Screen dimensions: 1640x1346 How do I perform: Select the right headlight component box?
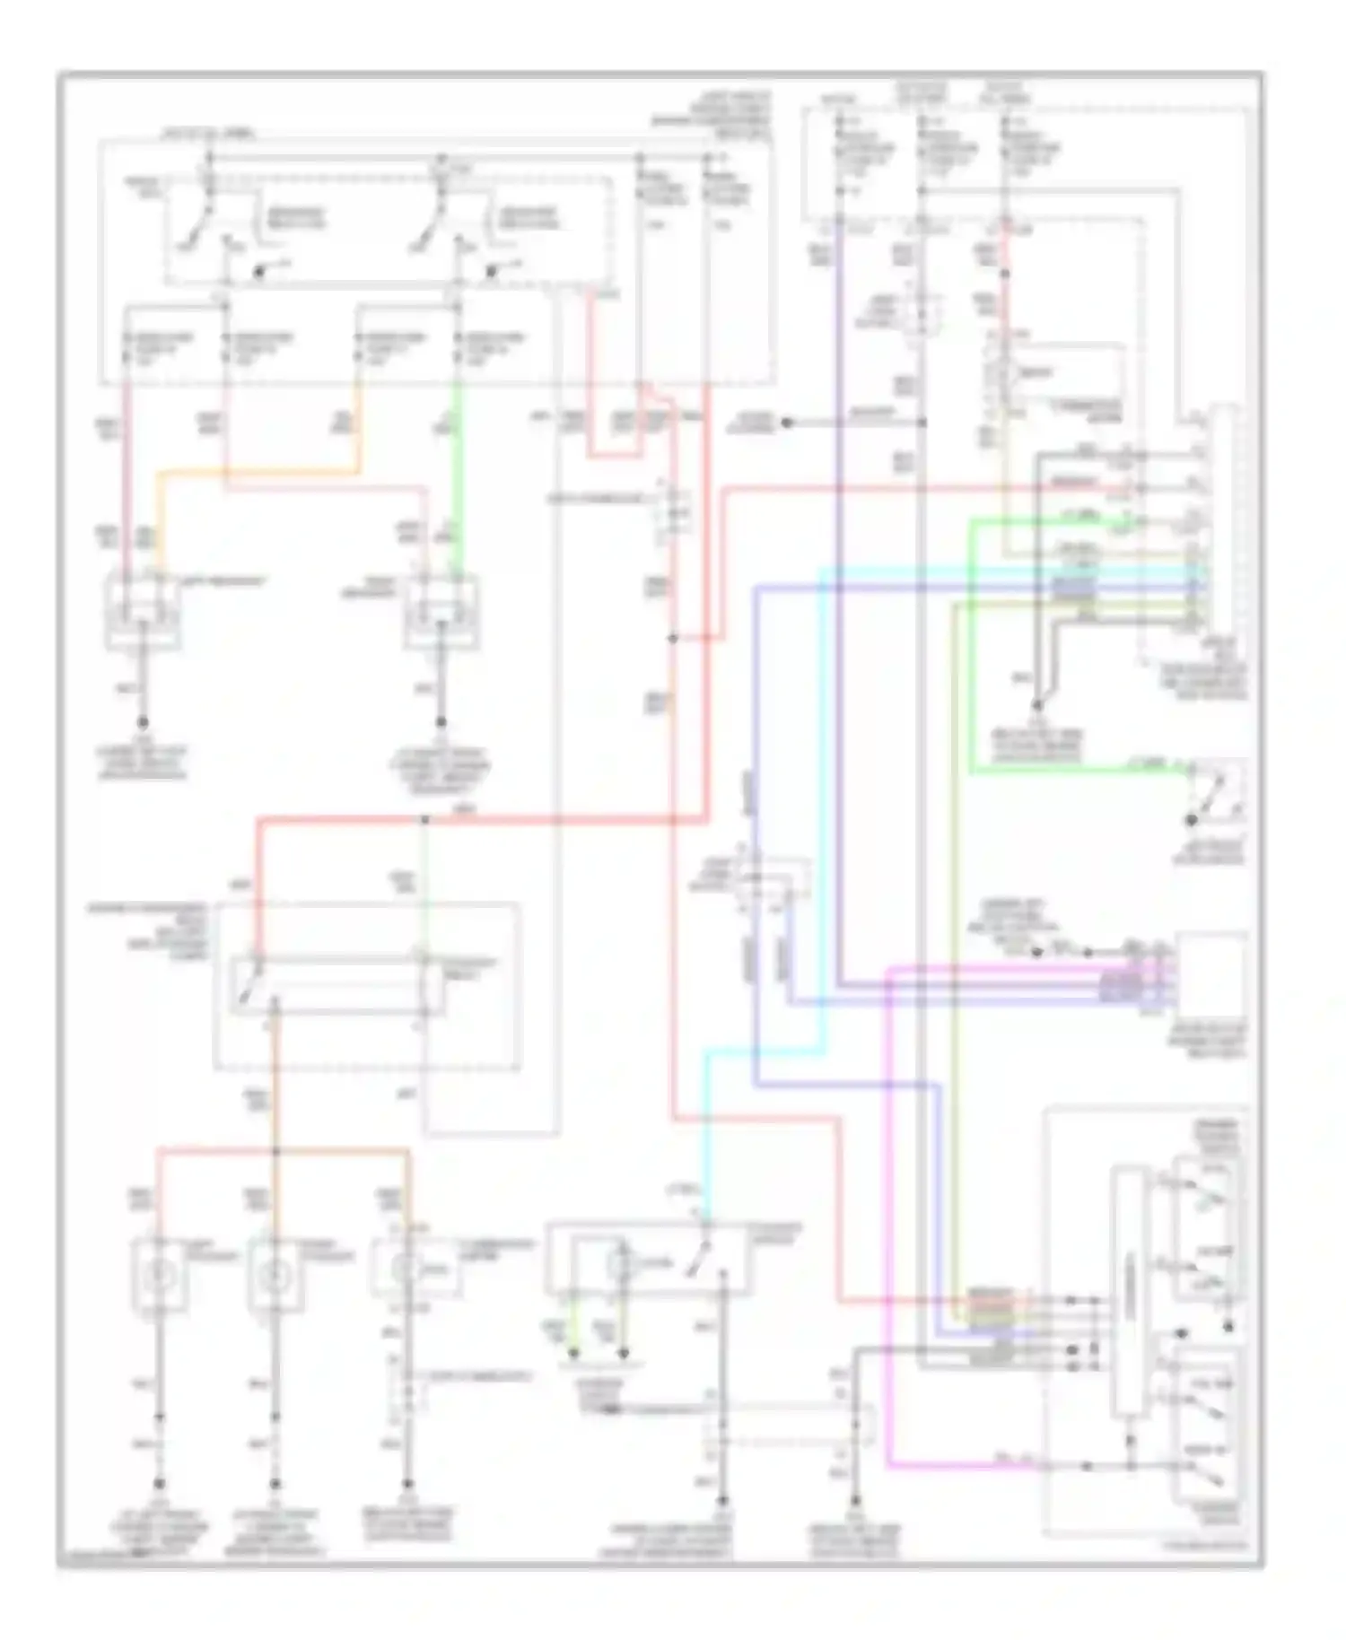coord(441,614)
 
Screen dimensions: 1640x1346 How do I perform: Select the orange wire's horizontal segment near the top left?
coord(260,471)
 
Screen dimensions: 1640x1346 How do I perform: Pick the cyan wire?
coord(821,807)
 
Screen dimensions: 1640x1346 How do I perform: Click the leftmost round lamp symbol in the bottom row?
coord(160,1272)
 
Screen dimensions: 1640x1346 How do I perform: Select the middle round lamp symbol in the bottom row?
coord(275,1272)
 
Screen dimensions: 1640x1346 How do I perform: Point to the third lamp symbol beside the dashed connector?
coord(406,1268)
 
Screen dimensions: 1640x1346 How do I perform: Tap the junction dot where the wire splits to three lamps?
coord(275,1151)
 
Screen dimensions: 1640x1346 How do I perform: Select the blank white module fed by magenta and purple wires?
coord(1211,978)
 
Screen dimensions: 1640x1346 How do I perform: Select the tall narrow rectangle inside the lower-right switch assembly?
coord(1130,1292)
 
